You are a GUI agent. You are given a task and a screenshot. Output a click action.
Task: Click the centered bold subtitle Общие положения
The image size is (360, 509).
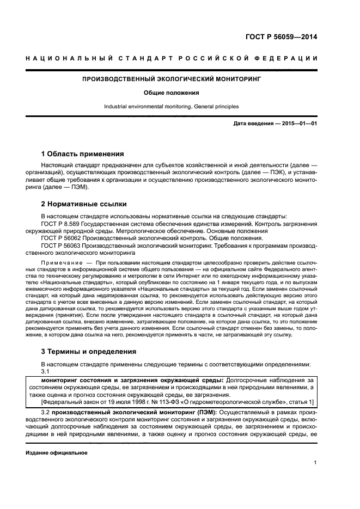point(171,93)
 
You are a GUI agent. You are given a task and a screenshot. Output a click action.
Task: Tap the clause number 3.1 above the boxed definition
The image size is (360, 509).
point(46,371)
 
